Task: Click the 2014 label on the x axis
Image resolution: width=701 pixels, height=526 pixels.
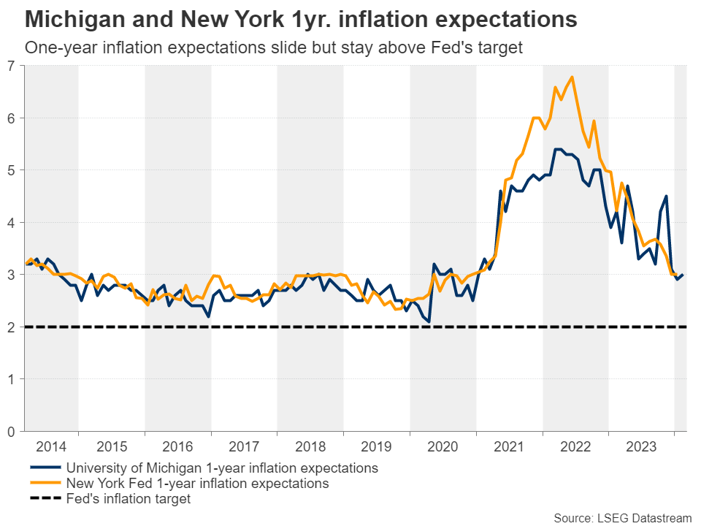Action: tap(51, 446)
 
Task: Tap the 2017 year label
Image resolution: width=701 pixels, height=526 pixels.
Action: tap(244, 446)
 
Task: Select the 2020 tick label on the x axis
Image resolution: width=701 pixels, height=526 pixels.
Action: tap(443, 446)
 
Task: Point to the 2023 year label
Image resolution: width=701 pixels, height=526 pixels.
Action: tap(640, 446)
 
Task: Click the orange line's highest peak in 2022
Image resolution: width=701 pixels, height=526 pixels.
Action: tap(571, 77)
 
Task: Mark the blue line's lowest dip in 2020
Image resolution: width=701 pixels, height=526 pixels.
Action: tap(429, 321)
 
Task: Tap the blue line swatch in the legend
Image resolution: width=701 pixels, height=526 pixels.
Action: tap(45, 468)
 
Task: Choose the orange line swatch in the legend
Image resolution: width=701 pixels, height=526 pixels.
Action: tap(45, 484)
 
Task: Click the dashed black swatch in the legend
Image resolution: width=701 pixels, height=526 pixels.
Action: tap(45, 500)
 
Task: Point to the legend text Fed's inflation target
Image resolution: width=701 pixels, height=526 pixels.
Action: tap(129, 500)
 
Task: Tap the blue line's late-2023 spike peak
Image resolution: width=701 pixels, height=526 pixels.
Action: tap(666, 196)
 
